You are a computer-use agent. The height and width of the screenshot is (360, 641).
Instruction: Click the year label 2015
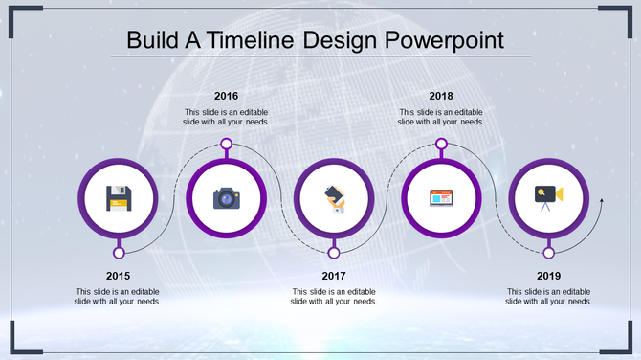coord(119,276)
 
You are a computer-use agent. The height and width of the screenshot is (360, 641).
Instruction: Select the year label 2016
coord(227,96)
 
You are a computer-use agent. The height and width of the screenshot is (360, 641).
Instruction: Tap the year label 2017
coord(334,276)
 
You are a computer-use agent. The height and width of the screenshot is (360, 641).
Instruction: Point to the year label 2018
coord(441,96)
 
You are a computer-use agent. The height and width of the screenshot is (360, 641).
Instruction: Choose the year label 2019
coord(548,276)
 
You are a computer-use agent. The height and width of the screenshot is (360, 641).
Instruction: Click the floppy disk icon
coord(119,197)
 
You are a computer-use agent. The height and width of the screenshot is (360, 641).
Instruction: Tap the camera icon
coord(227,197)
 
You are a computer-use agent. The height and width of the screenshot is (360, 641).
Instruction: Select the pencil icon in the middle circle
coord(334,197)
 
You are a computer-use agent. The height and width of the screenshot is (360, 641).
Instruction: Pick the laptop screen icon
coord(441,198)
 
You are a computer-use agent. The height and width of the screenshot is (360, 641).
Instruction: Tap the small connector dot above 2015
coord(119,253)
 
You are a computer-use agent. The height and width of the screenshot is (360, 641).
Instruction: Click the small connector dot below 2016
coord(227,144)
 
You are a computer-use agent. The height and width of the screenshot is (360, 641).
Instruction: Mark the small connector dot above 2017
coord(334,253)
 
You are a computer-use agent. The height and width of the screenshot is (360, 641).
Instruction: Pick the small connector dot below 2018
coord(441,144)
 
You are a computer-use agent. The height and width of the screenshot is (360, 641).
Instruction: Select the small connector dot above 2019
coord(548,253)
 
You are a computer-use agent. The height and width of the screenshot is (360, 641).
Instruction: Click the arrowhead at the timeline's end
coord(601,200)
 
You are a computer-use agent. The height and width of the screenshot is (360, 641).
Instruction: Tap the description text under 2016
coord(227,117)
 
